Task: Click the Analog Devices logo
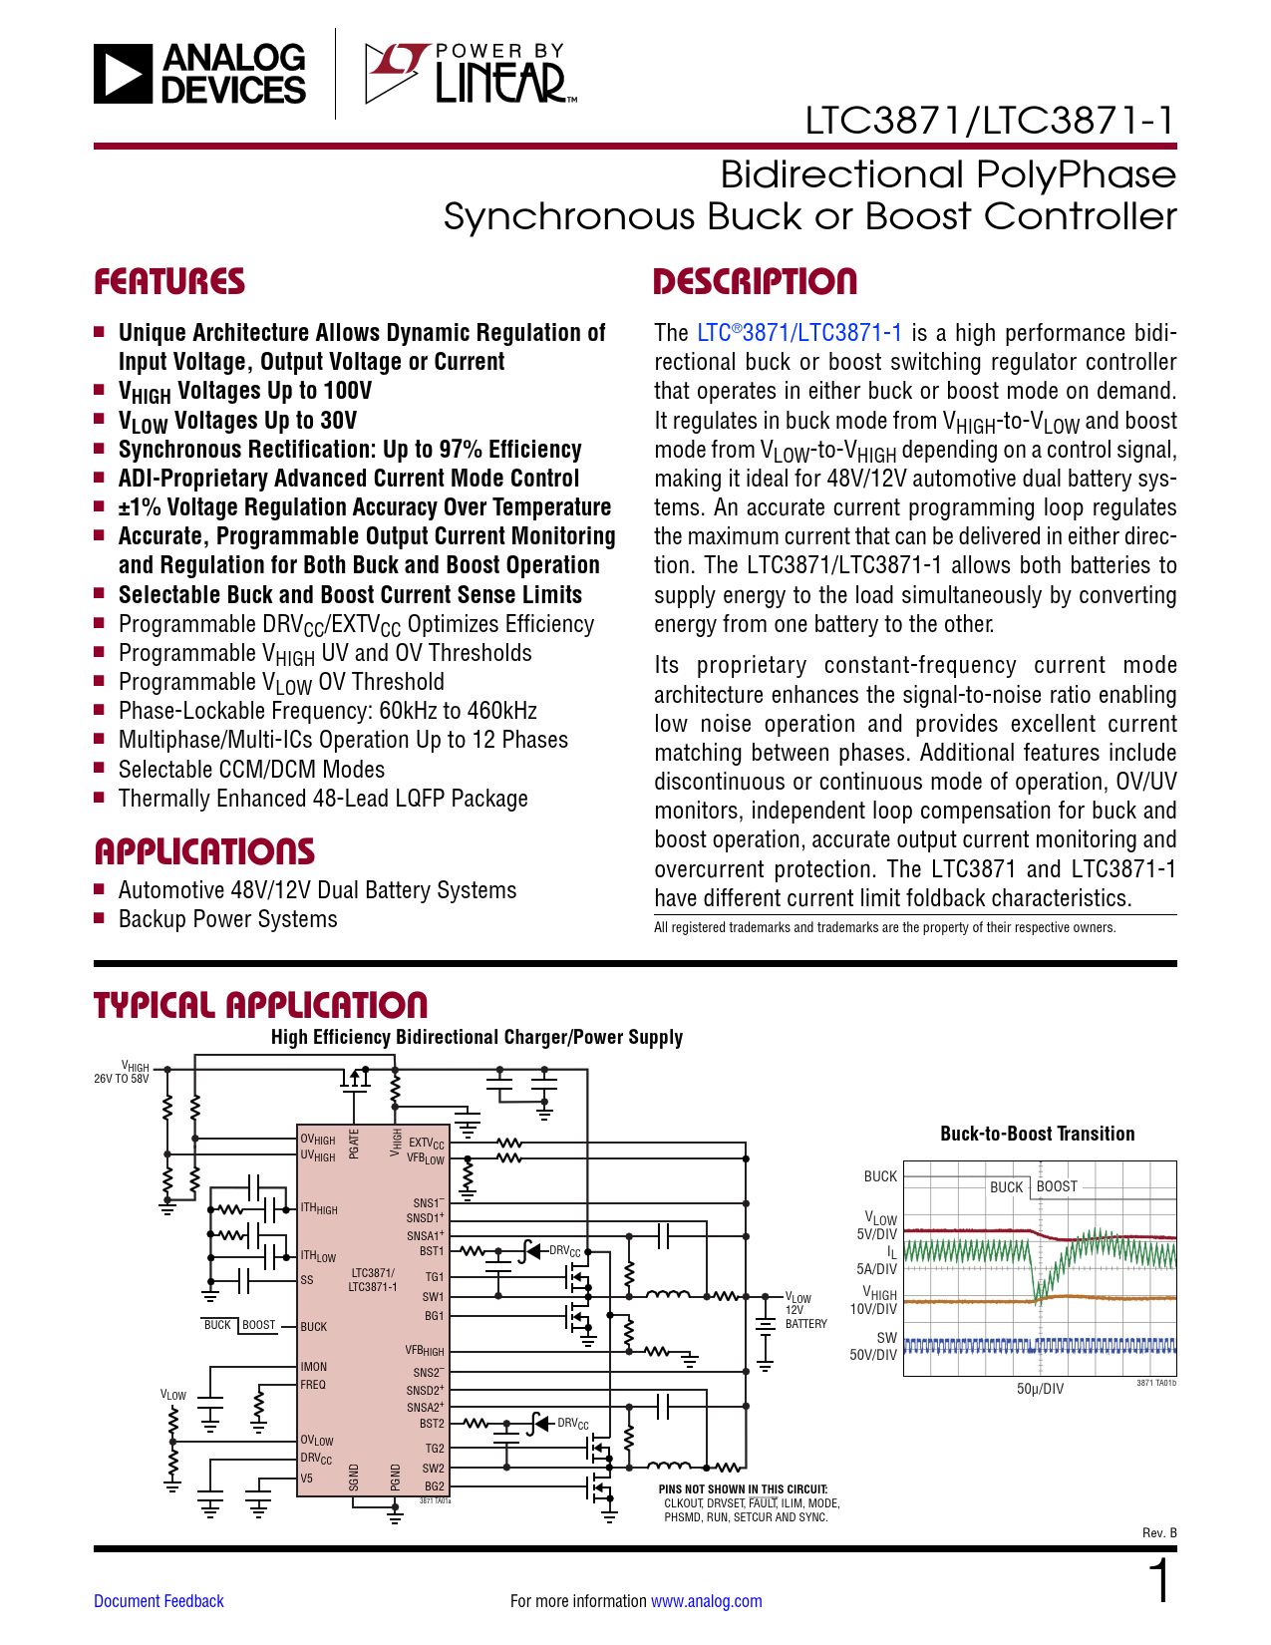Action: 199,74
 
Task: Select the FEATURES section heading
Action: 169,282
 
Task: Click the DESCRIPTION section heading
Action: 755,282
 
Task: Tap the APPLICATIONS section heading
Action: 204,852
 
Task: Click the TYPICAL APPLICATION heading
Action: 260,1005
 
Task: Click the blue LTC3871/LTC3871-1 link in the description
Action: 799,333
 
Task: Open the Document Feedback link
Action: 159,1601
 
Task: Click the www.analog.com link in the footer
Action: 706,1601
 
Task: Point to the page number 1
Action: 1159,1582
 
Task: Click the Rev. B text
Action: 1159,1532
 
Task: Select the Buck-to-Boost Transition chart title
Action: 1037,1134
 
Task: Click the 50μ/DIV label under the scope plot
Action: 1040,1389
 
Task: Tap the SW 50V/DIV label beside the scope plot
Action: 874,1347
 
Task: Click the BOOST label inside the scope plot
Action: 1057,1186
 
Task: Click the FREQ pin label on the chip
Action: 313,1385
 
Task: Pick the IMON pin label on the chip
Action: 314,1367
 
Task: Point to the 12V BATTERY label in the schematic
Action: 805,1317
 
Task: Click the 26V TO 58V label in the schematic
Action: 122,1079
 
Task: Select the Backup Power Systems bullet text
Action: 227,919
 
